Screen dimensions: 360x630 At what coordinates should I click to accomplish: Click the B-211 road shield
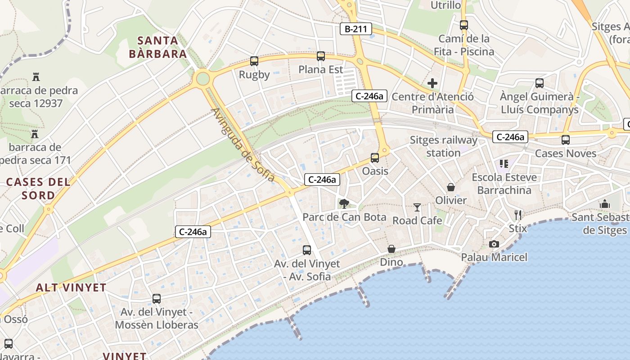tap(355, 29)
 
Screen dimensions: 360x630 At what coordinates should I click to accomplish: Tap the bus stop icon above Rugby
tap(254, 61)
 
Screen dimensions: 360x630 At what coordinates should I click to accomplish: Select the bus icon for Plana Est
tap(321, 56)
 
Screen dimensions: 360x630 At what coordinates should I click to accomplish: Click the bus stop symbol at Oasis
tap(375, 158)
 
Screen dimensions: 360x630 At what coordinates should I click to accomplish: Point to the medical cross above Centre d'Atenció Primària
tap(432, 83)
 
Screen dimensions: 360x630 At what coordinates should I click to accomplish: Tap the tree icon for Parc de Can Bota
tap(344, 204)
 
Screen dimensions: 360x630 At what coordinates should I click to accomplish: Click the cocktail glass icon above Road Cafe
tap(417, 207)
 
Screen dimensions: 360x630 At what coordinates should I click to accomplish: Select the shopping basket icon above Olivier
tap(450, 187)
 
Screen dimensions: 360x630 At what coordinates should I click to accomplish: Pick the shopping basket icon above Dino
tap(391, 249)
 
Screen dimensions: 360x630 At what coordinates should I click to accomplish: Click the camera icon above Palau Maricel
tap(494, 244)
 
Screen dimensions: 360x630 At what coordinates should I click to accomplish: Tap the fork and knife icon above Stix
tap(518, 215)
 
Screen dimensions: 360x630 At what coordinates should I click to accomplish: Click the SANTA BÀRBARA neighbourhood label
tap(157, 47)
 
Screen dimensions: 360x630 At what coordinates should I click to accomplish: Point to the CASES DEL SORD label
tap(38, 189)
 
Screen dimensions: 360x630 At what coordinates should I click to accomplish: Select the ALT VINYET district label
tap(71, 288)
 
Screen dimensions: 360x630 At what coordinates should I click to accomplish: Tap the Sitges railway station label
tap(443, 146)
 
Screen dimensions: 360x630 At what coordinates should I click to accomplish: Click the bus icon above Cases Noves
tap(566, 140)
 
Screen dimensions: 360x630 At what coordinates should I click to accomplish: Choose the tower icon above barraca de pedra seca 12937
tap(36, 77)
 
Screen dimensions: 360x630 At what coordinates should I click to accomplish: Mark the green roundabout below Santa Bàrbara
tap(203, 79)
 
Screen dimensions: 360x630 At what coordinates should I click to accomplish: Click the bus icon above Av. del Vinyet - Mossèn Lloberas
tap(157, 298)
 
